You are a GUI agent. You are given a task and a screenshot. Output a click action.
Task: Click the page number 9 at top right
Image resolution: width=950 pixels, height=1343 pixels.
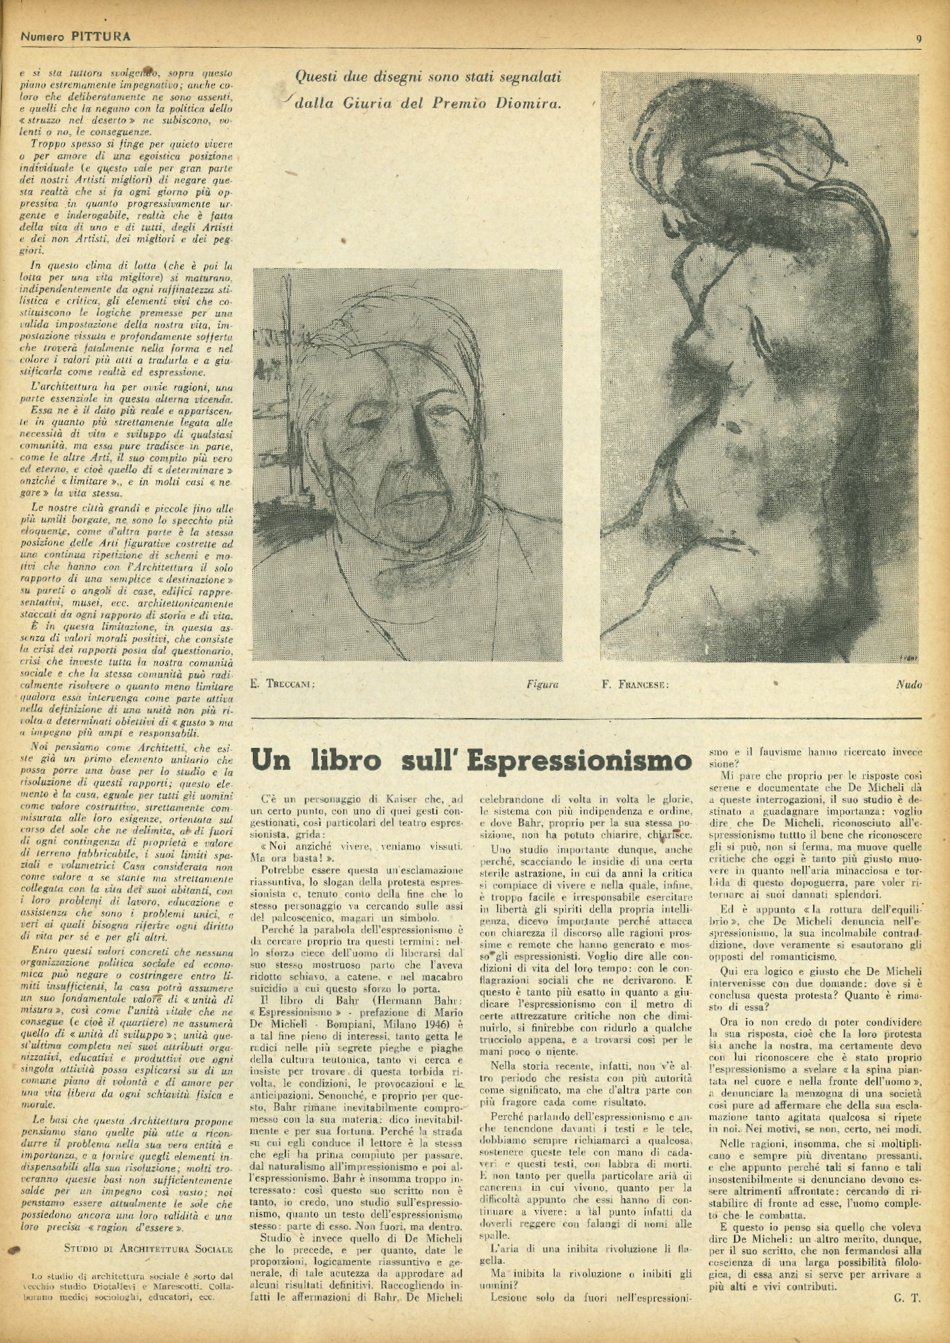[919, 38]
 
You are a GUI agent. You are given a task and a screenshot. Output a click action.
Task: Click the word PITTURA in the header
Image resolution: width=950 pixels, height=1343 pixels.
[101, 36]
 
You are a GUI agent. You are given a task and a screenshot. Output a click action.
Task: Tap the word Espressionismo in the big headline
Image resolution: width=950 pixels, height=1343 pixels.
[579, 761]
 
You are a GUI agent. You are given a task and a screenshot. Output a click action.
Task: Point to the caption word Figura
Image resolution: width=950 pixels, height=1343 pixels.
[542, 684]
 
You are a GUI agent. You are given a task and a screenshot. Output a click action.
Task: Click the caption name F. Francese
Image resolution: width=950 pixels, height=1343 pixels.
[636, 684]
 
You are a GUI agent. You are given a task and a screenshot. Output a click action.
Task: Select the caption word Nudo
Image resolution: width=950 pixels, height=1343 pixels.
[908, 684]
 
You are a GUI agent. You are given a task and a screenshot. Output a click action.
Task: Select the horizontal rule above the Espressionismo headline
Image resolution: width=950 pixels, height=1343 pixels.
[586, 718]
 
